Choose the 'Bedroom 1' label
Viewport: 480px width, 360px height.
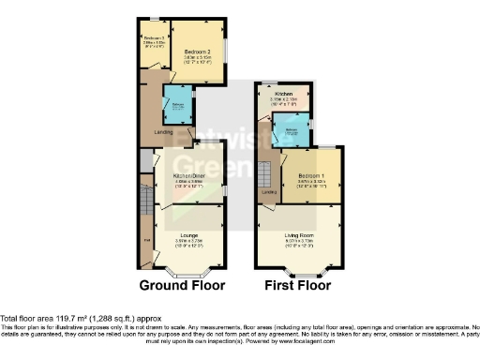point(311,175)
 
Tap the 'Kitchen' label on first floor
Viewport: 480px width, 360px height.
point(284,94)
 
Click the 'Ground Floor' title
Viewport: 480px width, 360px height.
point(182,285)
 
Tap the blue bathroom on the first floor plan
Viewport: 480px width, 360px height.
point(296,132)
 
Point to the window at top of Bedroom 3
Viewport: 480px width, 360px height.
point(154,19)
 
